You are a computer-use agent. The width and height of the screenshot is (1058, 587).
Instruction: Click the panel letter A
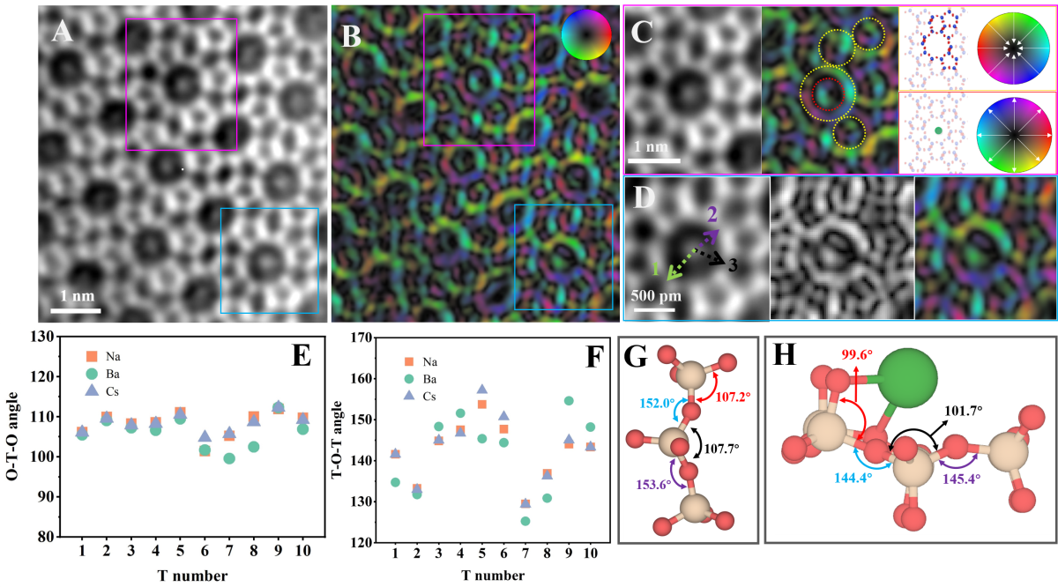(63, 33)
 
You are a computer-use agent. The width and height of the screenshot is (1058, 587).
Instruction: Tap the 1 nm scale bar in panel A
(76, 311)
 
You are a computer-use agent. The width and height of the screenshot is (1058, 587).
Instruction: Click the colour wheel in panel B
(586, 34)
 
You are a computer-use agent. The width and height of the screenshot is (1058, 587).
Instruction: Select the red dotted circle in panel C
(828, 93)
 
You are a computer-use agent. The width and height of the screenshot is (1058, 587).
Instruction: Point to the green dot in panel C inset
(938, 130)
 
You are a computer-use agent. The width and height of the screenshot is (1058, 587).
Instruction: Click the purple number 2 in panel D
(712, 215)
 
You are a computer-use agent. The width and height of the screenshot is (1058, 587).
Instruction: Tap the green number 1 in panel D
(655, 269)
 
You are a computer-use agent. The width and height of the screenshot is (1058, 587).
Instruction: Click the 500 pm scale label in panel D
(656, 296)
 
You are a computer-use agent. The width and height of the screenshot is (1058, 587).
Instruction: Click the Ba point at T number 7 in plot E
(229, 458)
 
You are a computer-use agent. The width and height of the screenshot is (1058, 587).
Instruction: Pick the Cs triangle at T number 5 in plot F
(481, 389)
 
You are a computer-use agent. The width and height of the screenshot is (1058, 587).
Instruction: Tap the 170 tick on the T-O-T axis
(362, 338)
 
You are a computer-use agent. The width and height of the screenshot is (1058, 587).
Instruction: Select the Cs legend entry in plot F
(420, 397)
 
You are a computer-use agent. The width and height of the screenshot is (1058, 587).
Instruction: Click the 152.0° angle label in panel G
(658, 404)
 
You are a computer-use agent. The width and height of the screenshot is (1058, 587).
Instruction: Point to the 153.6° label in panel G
(653, 485)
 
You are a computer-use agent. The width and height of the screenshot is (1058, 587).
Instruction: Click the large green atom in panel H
(907, 378)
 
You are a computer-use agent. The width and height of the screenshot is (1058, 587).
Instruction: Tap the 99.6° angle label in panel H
(856, 354)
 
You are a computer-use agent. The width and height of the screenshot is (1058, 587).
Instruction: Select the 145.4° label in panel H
(962, 479)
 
